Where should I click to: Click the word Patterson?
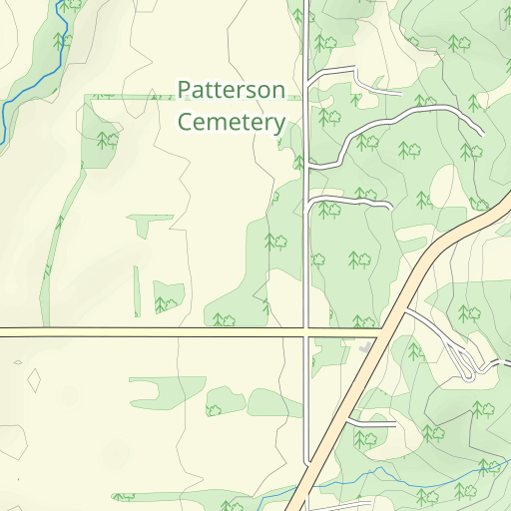231,90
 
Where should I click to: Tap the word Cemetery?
231,123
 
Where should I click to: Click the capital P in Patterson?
184,90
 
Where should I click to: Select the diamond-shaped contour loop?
34,380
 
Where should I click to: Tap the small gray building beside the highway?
364,348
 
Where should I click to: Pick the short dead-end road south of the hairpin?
374,423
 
